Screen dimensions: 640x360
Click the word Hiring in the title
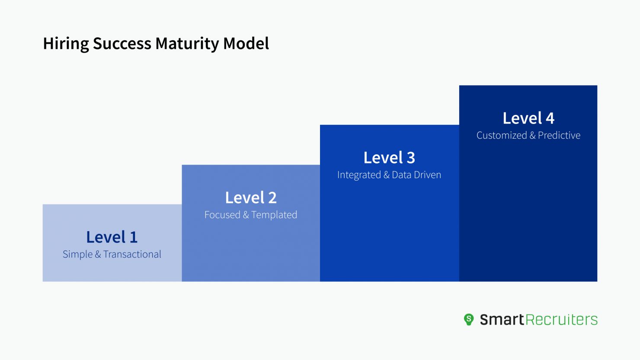[66, 44]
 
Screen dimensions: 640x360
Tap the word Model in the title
[246, 43]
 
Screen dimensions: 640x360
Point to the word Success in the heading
[122, 43]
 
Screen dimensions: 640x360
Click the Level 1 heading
[112, 237]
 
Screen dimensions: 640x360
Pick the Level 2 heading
[251, 198]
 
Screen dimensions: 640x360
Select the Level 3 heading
[389, 158]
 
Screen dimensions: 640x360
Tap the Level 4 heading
[528, 118]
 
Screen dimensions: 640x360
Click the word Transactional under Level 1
[132, 254]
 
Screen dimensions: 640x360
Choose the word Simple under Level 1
[77, 255]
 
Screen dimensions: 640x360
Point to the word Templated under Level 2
[274, 215]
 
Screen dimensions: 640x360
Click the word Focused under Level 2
[222, 215]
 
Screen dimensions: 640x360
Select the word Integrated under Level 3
[359, 175]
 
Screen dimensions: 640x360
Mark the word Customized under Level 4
[502, 135]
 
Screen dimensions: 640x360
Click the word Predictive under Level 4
[559, 135]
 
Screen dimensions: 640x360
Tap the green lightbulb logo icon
[469, 319]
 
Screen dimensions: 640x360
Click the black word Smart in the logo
[502, 319]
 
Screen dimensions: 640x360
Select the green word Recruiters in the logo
[561, 319]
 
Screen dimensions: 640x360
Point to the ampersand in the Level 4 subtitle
[532, 135]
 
